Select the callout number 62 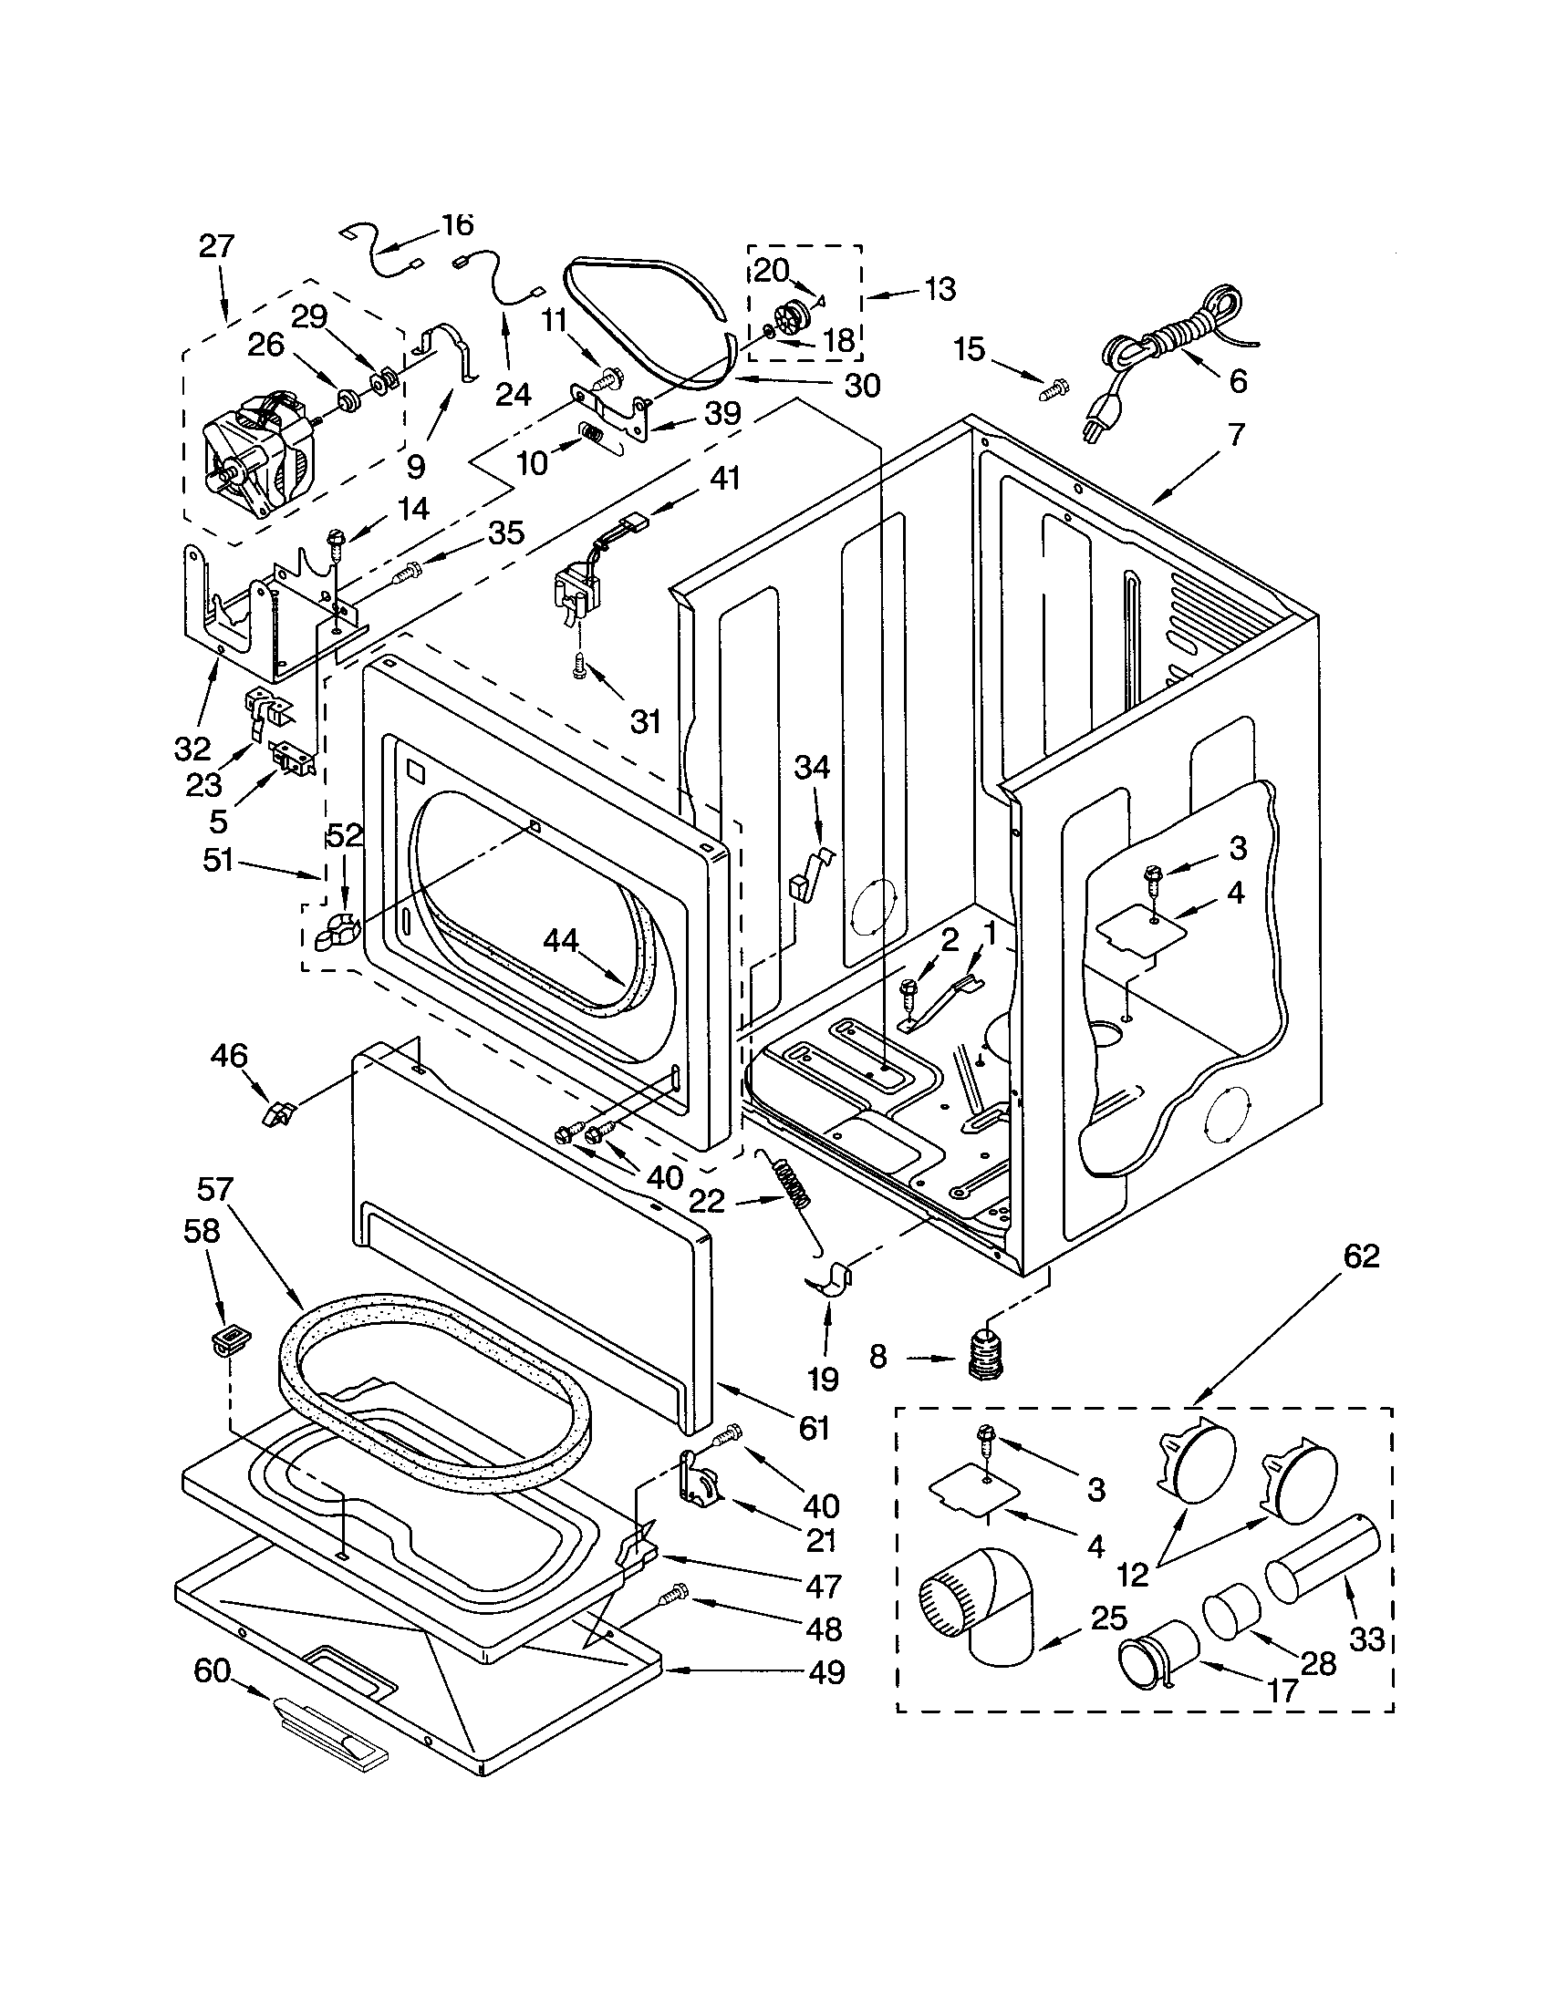coord(1361,1256)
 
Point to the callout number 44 coord(561,941)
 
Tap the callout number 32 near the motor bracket coord(192,749)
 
